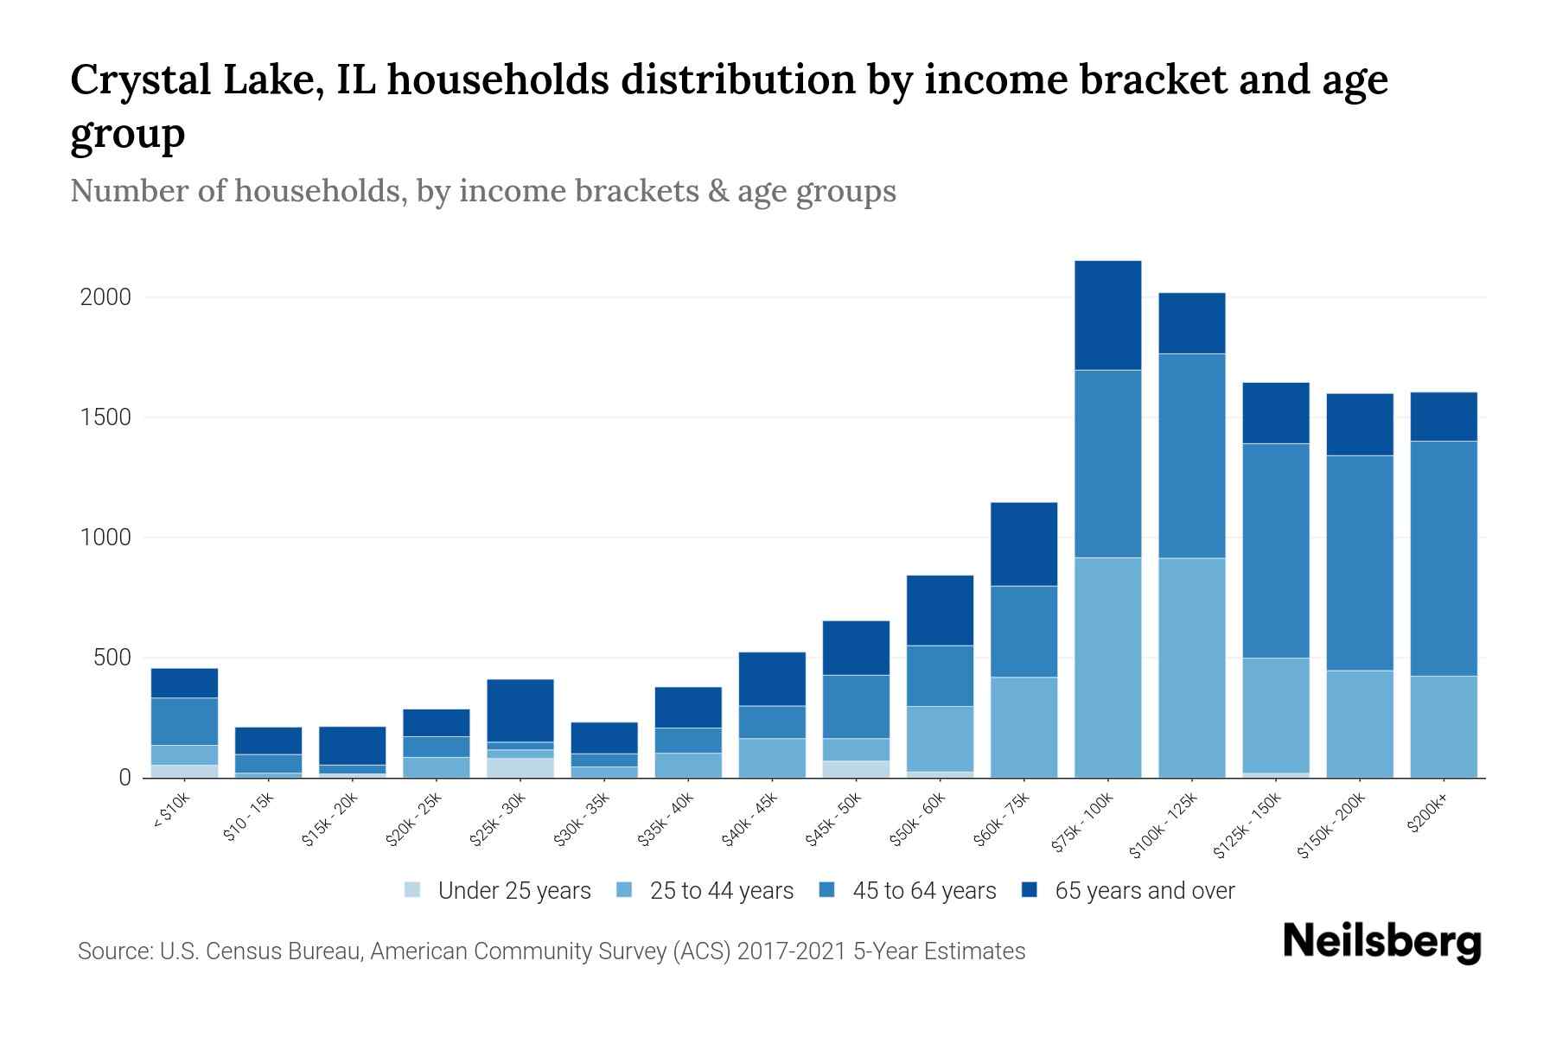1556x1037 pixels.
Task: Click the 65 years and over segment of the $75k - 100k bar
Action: coord(1107,315)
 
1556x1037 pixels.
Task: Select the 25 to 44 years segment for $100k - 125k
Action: coord(1191,667)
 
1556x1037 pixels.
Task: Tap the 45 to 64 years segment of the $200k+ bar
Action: coord(1443,558)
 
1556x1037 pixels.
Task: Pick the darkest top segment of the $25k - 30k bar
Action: coord(520,710)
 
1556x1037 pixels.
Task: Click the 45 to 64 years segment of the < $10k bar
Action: coord(184,721)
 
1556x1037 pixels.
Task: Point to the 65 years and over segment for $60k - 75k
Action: coord(1024,544)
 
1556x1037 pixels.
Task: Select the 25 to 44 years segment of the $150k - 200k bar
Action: coord(1359,723)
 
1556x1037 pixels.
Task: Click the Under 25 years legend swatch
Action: coord(413,890)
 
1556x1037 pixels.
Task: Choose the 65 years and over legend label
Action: coord(1145,891)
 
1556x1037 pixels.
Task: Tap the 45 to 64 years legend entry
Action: coord(924,891)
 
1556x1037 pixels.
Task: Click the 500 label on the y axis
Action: coord(112,658)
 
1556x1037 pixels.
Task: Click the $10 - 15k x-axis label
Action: coord(248,817)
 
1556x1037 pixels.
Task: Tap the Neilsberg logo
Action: coord(1381,942)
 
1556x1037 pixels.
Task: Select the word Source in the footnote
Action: coord(113,951)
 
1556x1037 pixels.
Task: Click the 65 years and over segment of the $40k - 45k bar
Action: coord(772,678)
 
